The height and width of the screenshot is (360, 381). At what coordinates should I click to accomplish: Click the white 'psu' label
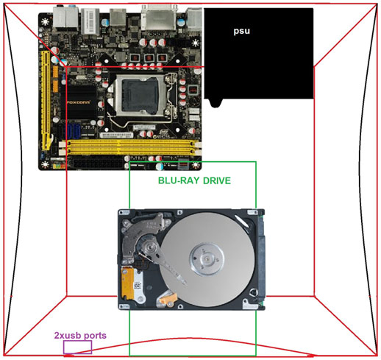pos(241,31)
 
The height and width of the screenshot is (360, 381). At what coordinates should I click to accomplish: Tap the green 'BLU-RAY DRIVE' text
pos(194,180)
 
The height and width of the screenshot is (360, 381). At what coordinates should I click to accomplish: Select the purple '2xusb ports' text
pos(80,335)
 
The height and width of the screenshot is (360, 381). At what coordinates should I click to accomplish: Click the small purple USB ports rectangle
pos(77,347)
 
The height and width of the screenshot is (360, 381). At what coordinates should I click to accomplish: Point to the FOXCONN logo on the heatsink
pos(79,102)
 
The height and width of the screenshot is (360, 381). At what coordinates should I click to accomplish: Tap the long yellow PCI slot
pos(46,100)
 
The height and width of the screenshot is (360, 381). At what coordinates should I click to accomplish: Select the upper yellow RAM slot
pos(130,144)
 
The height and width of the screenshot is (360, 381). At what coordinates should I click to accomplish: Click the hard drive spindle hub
pos(207,258)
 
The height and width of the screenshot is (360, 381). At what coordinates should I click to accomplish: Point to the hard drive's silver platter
pos(207,260)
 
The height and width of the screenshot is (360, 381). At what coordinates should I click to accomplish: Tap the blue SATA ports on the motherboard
pos(73,133)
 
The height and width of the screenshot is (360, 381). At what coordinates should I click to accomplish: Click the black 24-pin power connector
pos(98,163)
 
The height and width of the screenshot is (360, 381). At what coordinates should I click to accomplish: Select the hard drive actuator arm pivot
pos(149,246)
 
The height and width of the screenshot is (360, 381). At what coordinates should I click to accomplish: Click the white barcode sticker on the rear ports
pos(90,21)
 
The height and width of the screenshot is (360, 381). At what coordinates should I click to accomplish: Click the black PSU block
pos(259,53)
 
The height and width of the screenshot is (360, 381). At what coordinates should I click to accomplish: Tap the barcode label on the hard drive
pos(138,286)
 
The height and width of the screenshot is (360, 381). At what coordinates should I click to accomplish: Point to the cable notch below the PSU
pos(216,103)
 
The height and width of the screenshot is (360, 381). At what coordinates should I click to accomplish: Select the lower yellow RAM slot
pos(130,151)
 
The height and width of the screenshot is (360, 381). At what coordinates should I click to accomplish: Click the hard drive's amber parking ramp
pos(168,298)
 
